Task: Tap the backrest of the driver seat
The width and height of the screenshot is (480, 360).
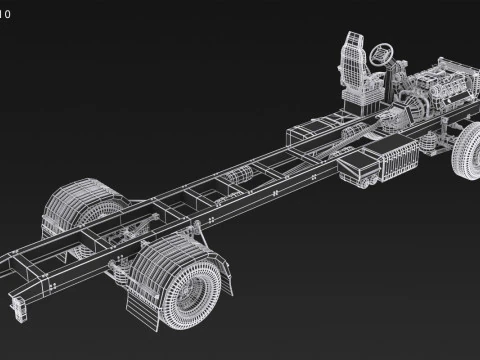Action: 353,61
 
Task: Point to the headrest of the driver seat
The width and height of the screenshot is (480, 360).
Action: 352,41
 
